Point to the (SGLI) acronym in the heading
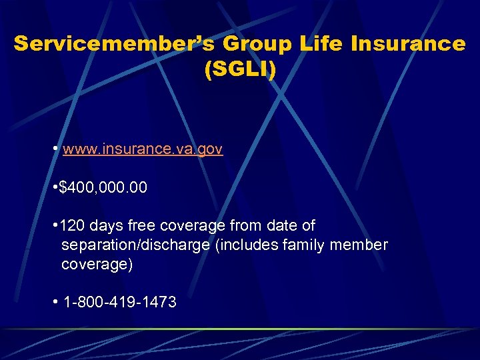[x=240, y=69]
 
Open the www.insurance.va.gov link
[x=143, y=149]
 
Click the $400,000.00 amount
[x=103, y=189]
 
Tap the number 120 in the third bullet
[x=72, y=226]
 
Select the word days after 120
[x=107, y=226]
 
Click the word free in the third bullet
[x=141, y=226]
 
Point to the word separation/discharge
[x=135, y=245]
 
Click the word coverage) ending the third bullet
[x=97, y=265]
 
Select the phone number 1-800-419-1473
[x=120, y=303]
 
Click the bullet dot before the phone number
[x=54, y=303]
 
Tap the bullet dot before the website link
[x=54, y=149]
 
